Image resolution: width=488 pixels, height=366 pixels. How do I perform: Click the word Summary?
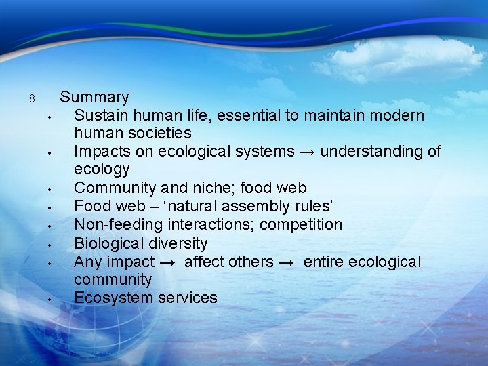click(94, 98)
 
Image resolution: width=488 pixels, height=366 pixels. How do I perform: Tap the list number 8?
click(33, 99)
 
